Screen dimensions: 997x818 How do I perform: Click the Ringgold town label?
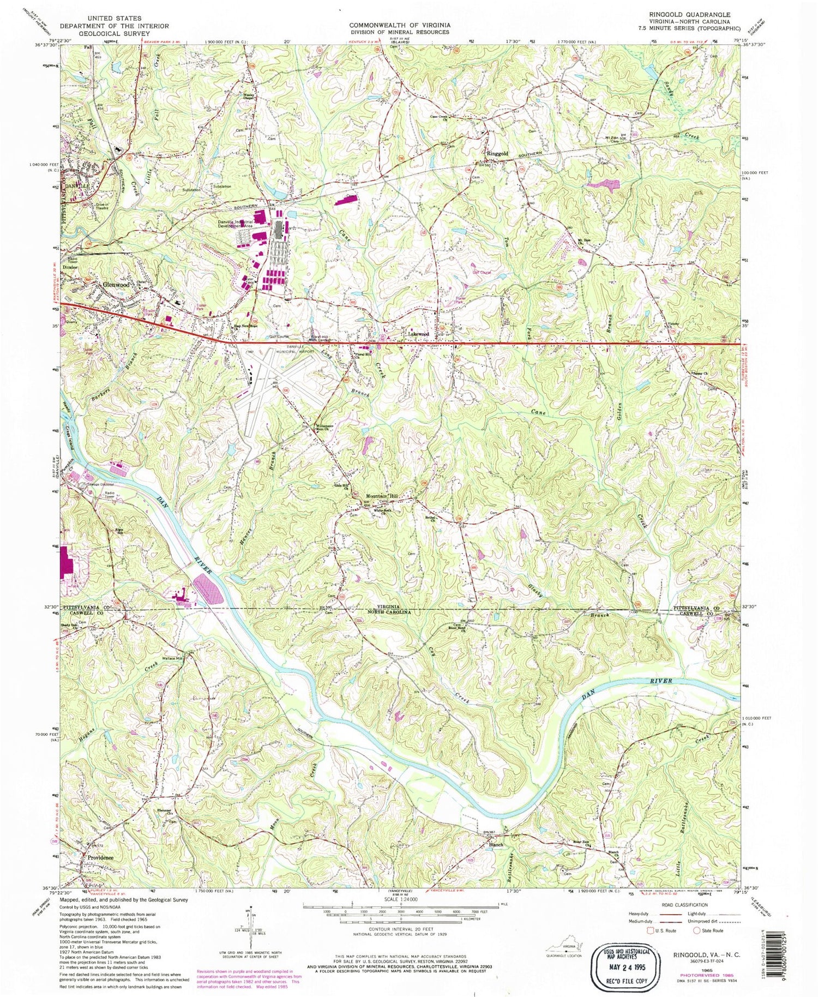(497, 154)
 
